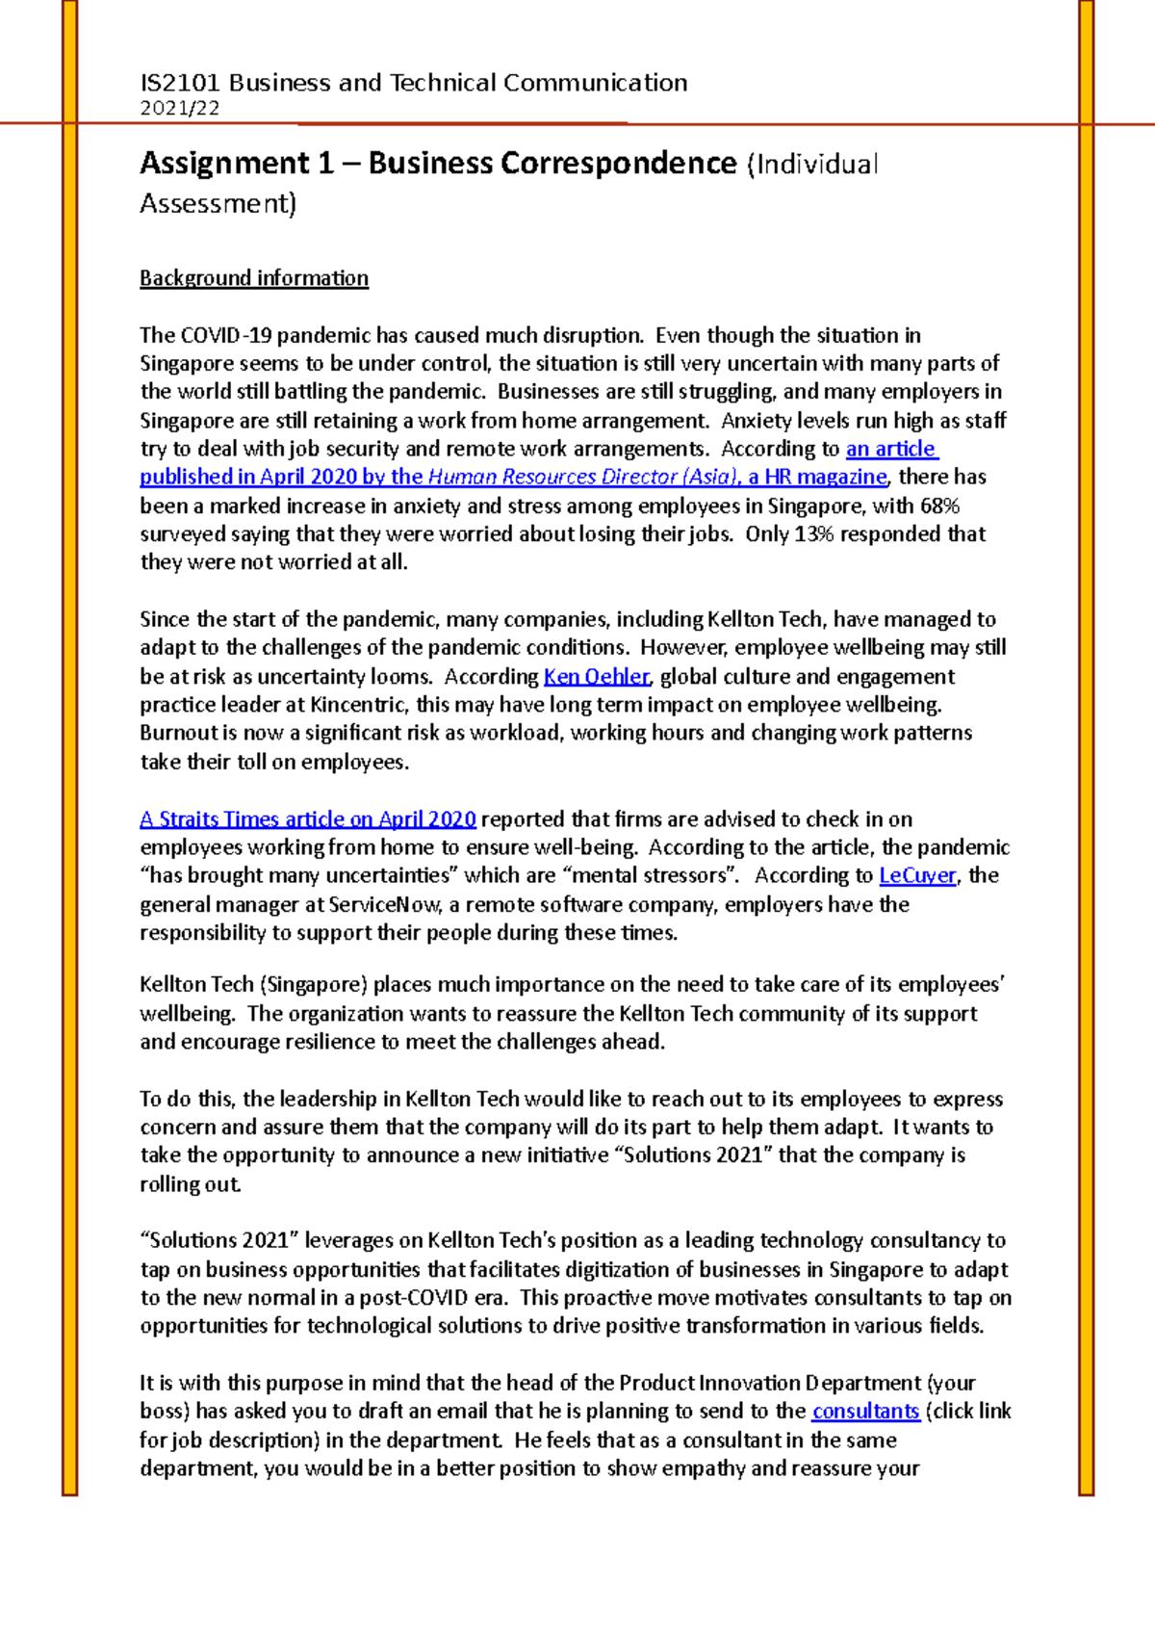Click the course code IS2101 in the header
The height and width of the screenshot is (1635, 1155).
point(180,83)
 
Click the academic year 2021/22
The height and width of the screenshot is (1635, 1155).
point(180,108)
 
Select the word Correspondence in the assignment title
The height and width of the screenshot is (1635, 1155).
point(618,163)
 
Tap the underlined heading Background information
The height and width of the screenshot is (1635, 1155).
point(254,278)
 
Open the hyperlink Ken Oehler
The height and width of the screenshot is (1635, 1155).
point(597,676)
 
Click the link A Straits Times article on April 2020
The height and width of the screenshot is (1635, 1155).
point(308,819)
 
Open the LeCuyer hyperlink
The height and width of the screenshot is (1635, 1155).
point(917,875)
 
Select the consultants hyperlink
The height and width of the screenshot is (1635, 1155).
point(865,1411)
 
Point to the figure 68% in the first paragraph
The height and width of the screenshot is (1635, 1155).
point(939,506)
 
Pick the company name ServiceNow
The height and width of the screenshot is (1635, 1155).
point(385,904)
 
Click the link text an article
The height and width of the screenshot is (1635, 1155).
point(890,449)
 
